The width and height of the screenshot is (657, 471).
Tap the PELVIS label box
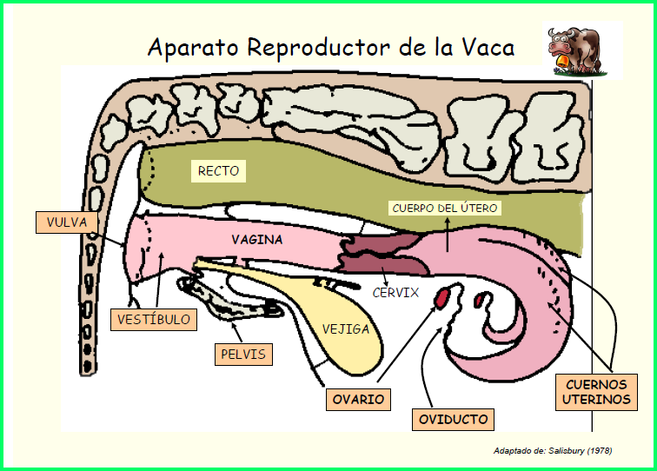pos(243,355)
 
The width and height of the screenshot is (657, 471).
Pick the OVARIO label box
pos(358,400)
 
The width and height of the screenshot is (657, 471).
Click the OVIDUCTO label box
pos(454,420)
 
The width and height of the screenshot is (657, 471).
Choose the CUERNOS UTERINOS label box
pos(596,392)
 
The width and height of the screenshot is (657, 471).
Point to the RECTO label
pos(218,171)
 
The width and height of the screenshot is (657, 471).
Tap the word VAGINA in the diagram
pos(257,238)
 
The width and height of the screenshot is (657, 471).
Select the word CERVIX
pos(395,293)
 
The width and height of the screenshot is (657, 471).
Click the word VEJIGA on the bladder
pos(346,329)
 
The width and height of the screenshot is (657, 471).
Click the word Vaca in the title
pos(483,47)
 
